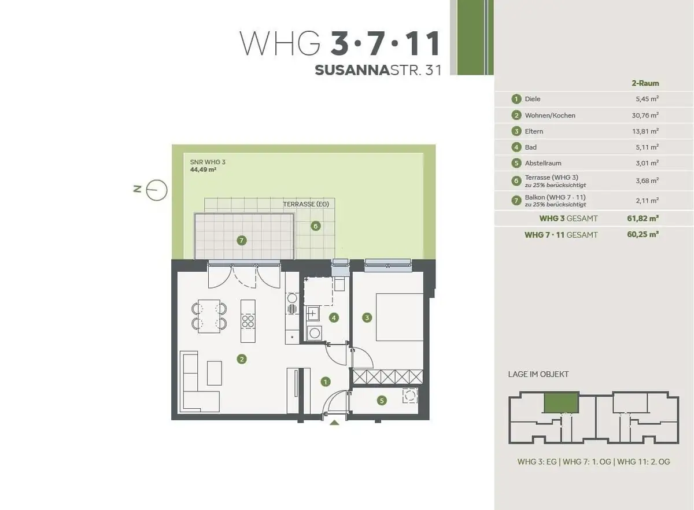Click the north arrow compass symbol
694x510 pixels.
[x=157, y=190]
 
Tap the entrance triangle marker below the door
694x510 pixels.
[x=334, y=423]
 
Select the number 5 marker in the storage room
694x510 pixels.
[x=382, y=401]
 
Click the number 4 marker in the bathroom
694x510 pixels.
[x=334, y=317]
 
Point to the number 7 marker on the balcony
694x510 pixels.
[x=242, y=240]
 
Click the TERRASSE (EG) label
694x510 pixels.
[x=306, y=204]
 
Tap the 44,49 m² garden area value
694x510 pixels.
[x=203, y=169]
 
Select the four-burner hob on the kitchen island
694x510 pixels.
[x=248, y=321]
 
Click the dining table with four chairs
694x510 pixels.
[x=209, y=316]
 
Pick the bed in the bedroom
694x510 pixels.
[x=400, y=317]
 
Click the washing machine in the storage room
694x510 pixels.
[x=410, y=396]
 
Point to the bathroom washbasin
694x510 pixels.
[x=313, y=314]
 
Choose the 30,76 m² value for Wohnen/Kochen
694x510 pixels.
[x=645, y=115]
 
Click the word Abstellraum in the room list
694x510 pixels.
[x=543, y=163]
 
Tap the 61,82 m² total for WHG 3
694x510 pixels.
[x=643, y=218]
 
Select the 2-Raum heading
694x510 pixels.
[x=645, y=83]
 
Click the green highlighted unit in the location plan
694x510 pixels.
[x=562, y=402]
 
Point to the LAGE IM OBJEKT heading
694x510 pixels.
[x=538, y=374]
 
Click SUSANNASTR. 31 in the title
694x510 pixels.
[x=378, y=71]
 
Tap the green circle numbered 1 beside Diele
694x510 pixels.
[x=516, y=99]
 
